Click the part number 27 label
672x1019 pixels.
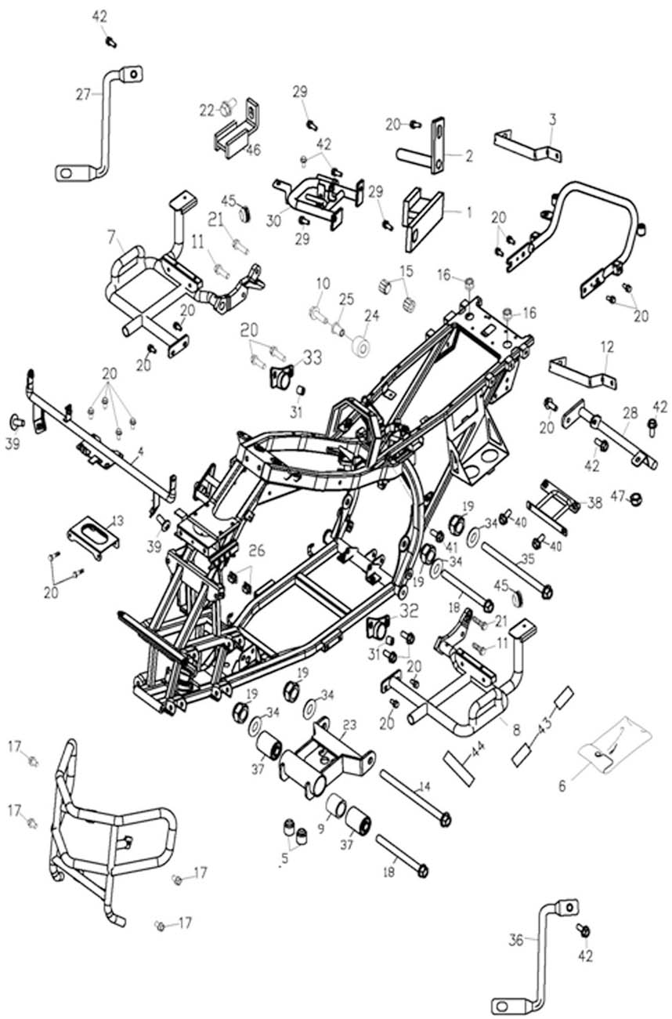pos(84,93)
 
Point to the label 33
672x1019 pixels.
pos(312,358)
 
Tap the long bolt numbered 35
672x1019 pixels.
pos(517,568)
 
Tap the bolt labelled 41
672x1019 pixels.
pos(438,535)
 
